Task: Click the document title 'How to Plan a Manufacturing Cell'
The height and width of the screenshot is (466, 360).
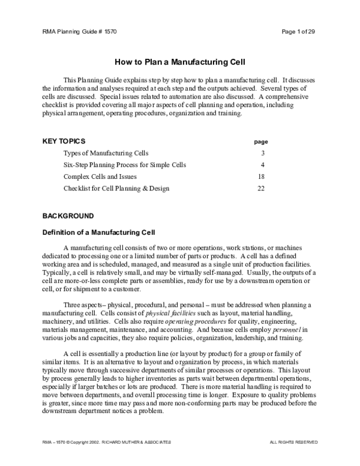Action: pyautogui.click(x=180, y=62)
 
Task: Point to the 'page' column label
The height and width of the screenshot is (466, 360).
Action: pyautogui.click(x=261, y=142)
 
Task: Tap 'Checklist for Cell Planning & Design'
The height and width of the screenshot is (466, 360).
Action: pyautogui.click(x=116, y=189)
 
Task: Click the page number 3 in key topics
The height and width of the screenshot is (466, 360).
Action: pyautogui.click(x=263, y=154)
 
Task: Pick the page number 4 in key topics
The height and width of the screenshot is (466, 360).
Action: pyautogui.click(x=263, y=165)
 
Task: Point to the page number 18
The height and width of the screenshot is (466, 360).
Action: pyautogui.click(x=261, y=177)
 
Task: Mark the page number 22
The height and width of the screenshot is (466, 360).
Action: pyautogui.click(x=261, y=189)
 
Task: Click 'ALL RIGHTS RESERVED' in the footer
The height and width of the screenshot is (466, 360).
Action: pyautogui.click(x=294, y=442)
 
